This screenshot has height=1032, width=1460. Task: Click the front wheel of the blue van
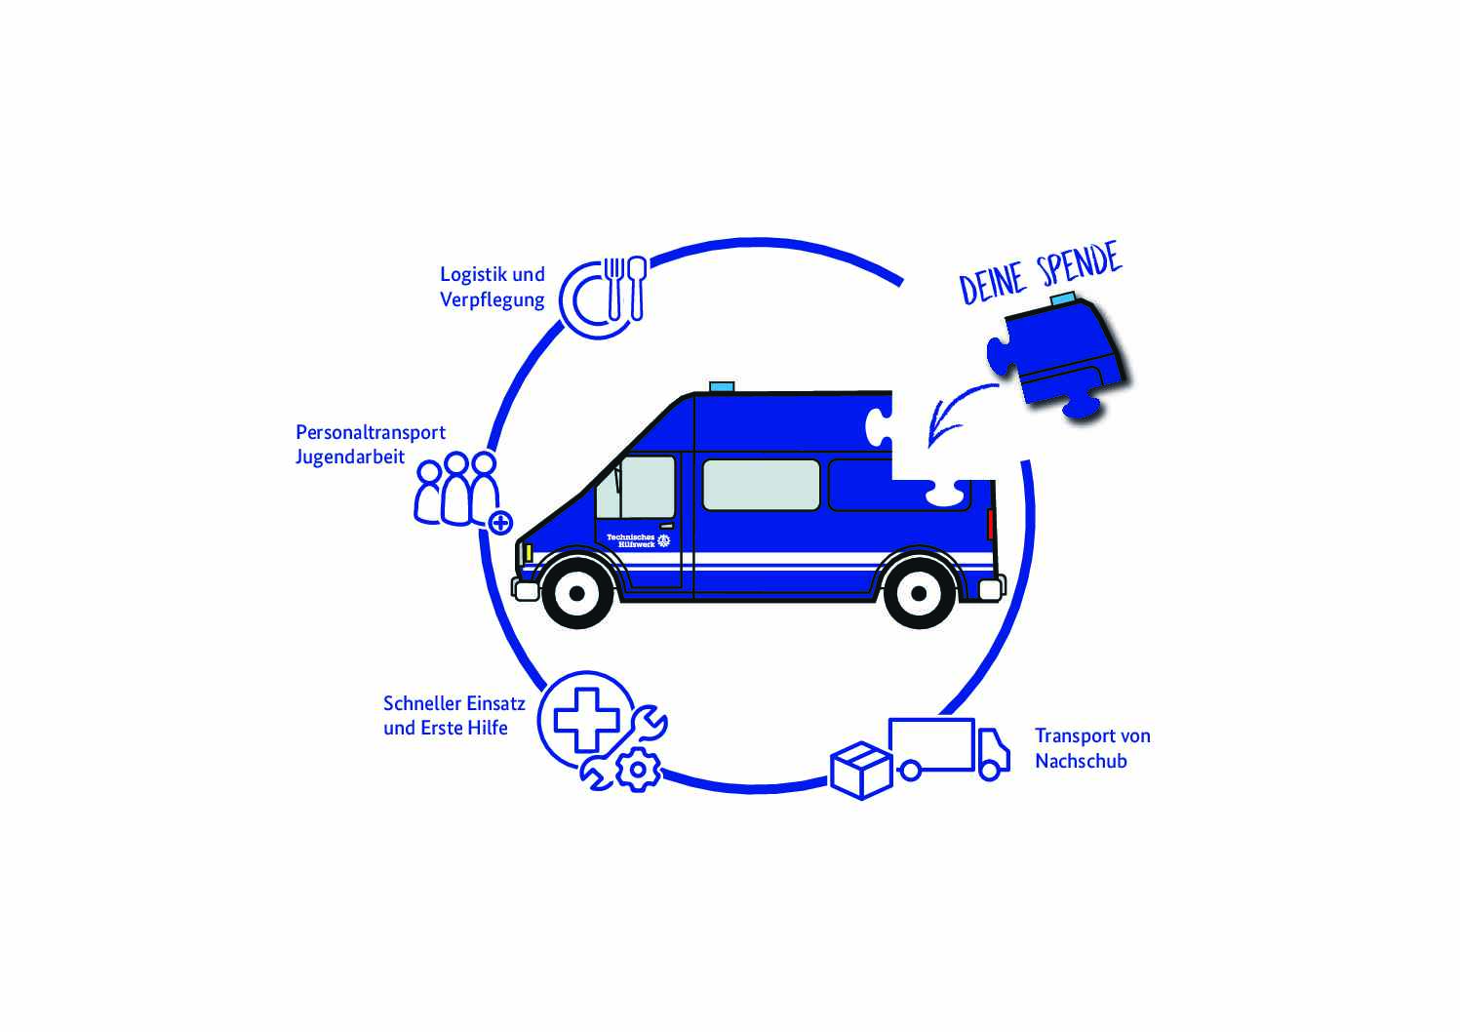tap(576, 592)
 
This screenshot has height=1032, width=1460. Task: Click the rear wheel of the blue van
tap(919, 592)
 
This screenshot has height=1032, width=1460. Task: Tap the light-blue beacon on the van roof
tap(722, 387)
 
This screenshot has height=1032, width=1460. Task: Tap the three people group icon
tap(456, 489)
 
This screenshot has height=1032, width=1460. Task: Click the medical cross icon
tap(586, 720)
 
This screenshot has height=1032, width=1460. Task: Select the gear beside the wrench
tap(639, 770)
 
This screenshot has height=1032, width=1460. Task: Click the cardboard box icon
tap(861, 770)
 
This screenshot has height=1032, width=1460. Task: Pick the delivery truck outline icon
tap(948, 749)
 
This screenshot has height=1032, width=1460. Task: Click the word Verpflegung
tap(492, 300)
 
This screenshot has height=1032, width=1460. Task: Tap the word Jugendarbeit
tap(350, 457)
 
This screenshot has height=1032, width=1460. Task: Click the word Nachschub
tap(1081, 762)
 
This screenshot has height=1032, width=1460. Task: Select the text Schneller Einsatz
tap(454, 703)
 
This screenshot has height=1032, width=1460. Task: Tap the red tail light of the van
tap(991, 523)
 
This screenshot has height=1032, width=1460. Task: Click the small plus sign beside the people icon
tap(500, 523)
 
